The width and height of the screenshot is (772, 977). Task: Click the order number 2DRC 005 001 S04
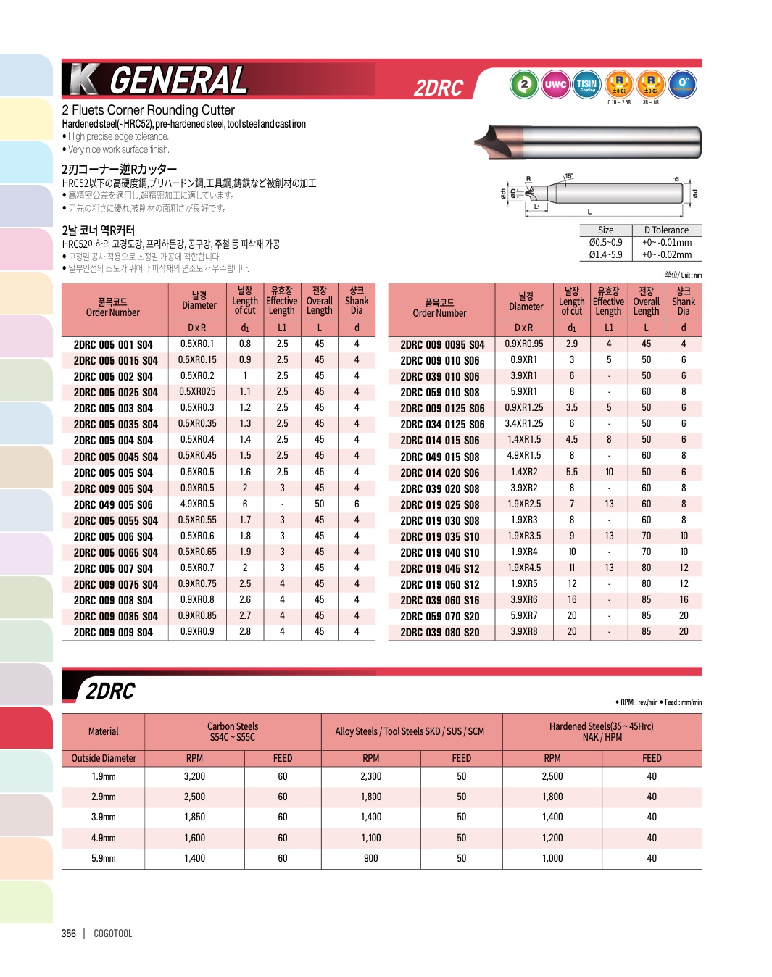[x=113, y=345]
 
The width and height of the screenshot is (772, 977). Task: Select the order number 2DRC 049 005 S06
[x=113, y=505]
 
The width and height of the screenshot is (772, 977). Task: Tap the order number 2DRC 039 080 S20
[x=440, y=633]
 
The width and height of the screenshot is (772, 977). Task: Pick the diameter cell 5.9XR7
[x=524, y=616]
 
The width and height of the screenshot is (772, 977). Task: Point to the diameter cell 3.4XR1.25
[x=524, y=424]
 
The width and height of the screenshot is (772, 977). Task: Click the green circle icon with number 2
[x=524, y=85]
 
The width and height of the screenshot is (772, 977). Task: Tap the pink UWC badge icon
[x=555, y=85]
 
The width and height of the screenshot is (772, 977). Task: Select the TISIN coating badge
[x=586, y=85]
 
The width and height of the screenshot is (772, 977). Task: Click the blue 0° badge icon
[x=682, y=84]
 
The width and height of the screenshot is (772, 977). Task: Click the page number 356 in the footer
[x=69, y=934]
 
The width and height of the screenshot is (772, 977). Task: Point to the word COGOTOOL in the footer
[x=113, y=934]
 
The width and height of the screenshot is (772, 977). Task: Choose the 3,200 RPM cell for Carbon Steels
[x=194, y=776]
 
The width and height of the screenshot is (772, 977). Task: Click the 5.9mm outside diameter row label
[x=104, y=858]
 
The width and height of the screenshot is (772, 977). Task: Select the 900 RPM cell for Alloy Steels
[x=370, y=858]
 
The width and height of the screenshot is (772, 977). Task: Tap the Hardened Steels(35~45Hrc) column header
[x=602, y=731]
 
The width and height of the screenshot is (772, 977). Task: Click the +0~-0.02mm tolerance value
[x=667, y=255]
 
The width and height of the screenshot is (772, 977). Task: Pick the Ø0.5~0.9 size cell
[x=605, y=243]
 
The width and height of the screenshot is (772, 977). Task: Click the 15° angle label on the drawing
[x=568, y=176]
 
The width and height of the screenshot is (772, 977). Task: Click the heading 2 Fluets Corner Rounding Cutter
[x=149, y=110]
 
